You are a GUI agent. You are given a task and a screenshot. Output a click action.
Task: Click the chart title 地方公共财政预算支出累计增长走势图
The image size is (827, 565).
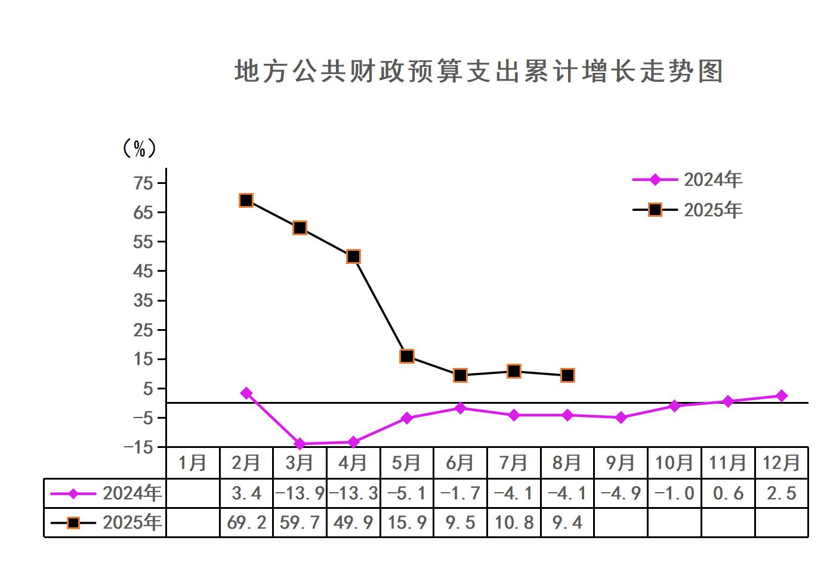pyautogui.click(x=479, y=71)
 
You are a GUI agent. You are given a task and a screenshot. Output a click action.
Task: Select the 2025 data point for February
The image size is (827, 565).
pyautogui.click(x=246, y=200)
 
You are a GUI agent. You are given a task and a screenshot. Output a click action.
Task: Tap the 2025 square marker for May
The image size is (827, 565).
pyautogui.click(x=407, y=356)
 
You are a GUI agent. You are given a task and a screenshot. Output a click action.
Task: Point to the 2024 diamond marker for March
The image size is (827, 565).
pyautogui.click(x=300, y=444)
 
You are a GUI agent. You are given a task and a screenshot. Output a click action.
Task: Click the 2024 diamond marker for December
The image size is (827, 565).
pyautogui.click(x=782, y=395)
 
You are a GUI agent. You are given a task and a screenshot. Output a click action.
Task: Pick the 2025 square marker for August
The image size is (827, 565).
pyautogui.click(x=567, y=375)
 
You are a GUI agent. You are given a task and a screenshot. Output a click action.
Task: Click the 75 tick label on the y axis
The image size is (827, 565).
pyautogui.click(x=144, y=183)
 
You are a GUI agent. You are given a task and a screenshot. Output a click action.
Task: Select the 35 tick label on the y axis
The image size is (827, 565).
pyautogui.click(x=144, y=300)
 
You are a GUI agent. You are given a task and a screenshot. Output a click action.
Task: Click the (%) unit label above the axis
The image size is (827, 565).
pyautogui.click(x=139, y=148)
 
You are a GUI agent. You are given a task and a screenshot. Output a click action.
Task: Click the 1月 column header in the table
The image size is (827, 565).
pyautogui.click(x=193, y=463)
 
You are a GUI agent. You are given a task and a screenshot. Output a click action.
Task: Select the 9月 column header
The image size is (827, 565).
pyautogui.click(x=621, y=463)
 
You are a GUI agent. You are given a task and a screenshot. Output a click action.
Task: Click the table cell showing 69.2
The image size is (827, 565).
pyautogui.click(x=246, y=523)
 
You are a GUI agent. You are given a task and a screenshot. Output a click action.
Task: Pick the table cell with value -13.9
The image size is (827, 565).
pyautogui.click(x=300, y=493)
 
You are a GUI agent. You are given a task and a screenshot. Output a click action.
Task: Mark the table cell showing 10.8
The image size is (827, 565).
pyautogui.click(x=514, y=523)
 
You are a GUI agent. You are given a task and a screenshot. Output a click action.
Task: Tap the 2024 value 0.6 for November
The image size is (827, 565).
pyautogui.click(x=728, y=493)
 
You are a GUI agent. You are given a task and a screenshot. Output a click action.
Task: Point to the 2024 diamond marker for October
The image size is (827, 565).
pyautogui.click(x=674, y=406)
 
